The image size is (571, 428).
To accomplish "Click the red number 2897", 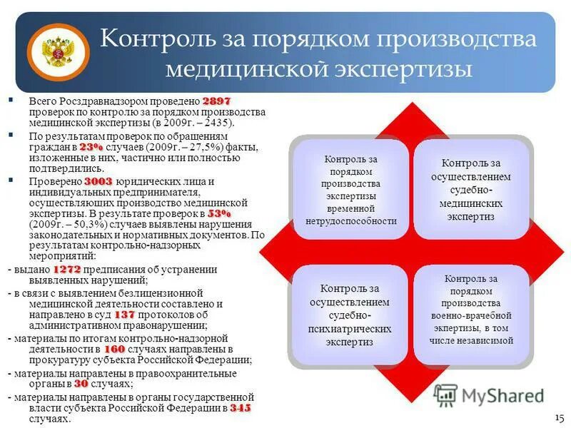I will coord(216,102).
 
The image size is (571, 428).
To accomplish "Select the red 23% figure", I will coord(91,146).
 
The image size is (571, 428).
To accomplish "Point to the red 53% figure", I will coord(219,213).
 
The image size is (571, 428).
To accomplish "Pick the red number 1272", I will coord(66,269).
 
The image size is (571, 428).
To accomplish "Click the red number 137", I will coord(124,314).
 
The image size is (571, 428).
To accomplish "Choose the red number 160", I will coord(115,350).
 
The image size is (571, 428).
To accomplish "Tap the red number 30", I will coord(81,383).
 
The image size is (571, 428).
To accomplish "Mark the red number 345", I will coord(241,408).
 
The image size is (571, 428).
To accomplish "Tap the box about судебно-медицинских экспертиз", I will coord(471,189).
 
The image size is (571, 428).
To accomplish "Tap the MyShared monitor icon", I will coord(445,395).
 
